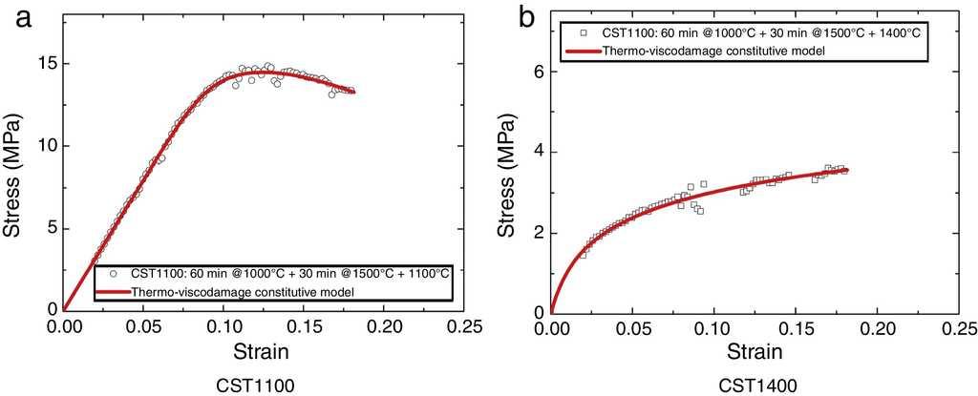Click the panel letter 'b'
[523, 16]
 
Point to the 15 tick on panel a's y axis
[45, 64]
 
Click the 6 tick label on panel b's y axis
[540, 72]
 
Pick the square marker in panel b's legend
[583, 32]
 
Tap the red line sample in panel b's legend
[583, 49]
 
